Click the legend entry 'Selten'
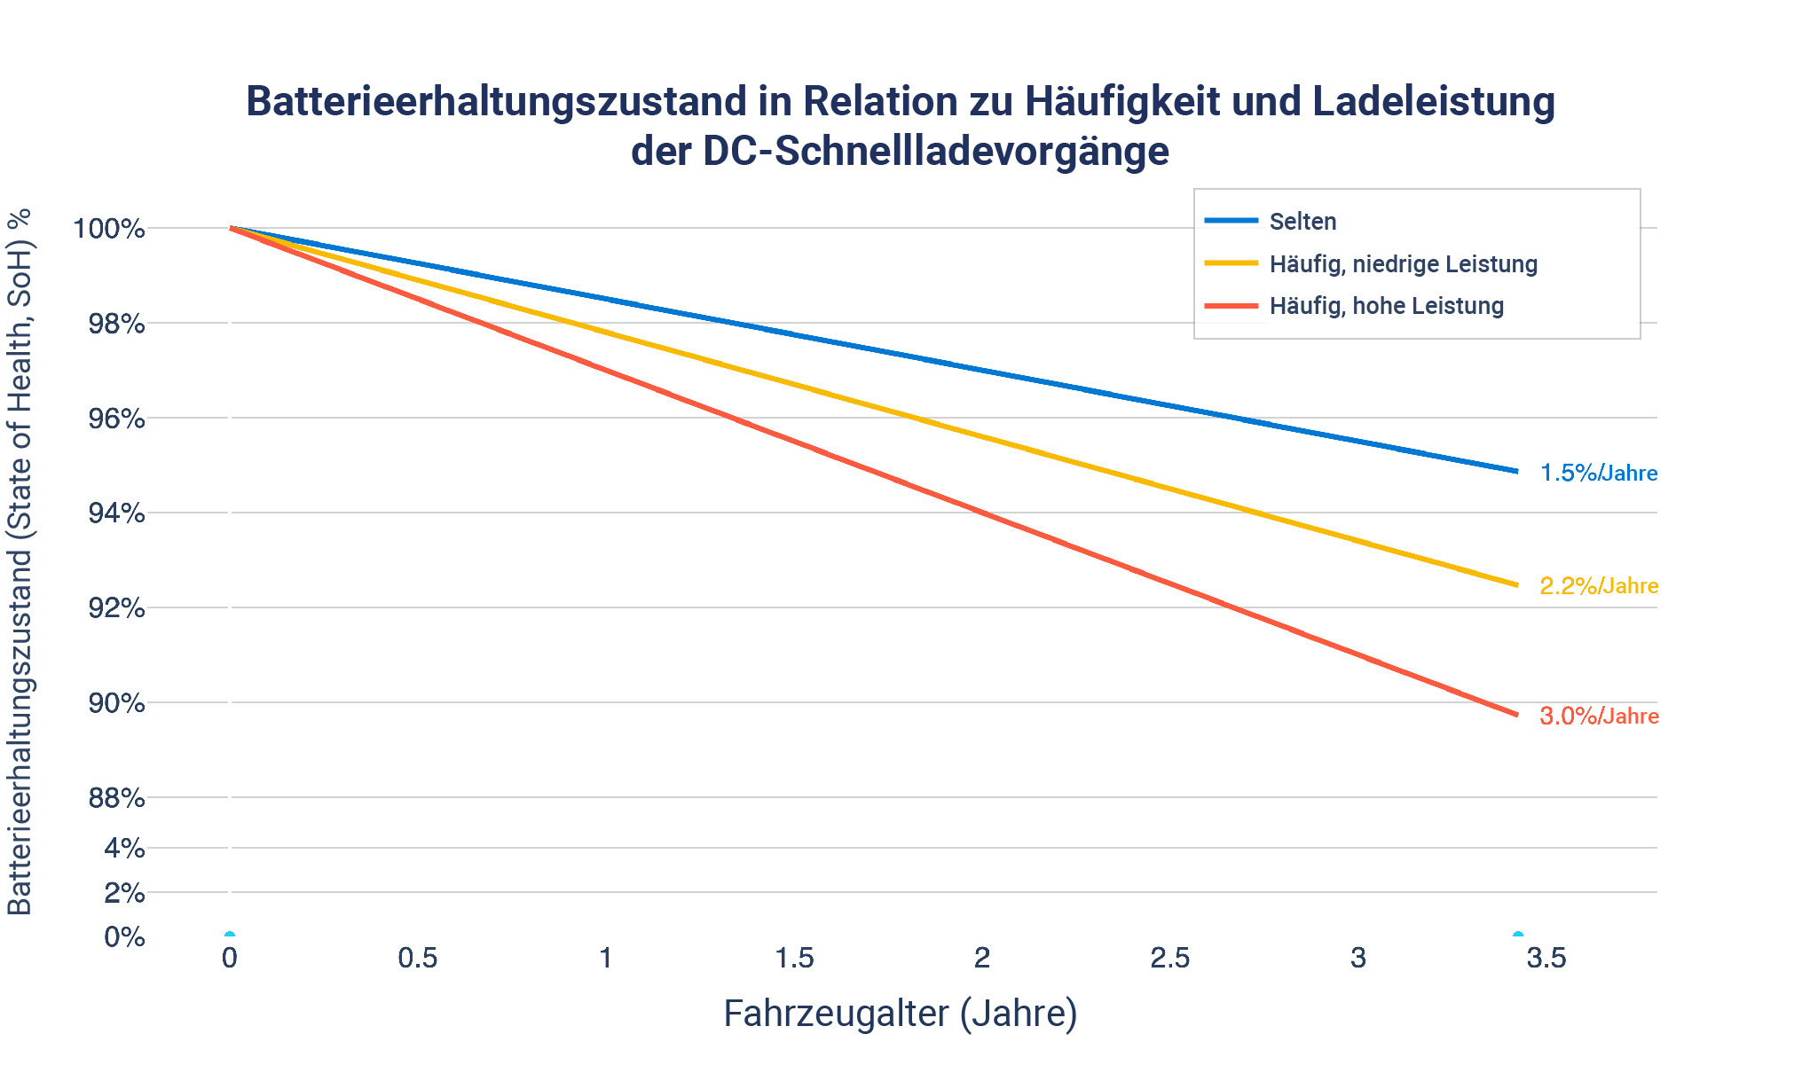pos(1302,221)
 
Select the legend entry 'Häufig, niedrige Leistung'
pos(1403,263)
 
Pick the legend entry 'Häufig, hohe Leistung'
pos(1386,306)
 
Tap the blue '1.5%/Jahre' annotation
pos(1598,473)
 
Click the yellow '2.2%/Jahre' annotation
pos(1599,585)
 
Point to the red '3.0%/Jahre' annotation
pos(1599,716)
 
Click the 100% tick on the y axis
pos(109,229)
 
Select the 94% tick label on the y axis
pos(116,513)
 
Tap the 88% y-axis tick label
pos(116,798)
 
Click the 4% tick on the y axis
pos(124,849)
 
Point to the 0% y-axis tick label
pos(124,937)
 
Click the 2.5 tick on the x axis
pos(1169,958)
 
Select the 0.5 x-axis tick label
pos(417,958)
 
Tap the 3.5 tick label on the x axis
pos(1546,958)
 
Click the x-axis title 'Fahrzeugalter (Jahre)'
pos(900,1013)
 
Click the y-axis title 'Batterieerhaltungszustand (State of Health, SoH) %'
pos(20,560)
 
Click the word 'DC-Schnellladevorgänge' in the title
pos(936,151)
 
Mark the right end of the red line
pos(1517,714)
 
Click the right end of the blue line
pos(1517,471)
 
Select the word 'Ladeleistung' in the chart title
pos(1433,101)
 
